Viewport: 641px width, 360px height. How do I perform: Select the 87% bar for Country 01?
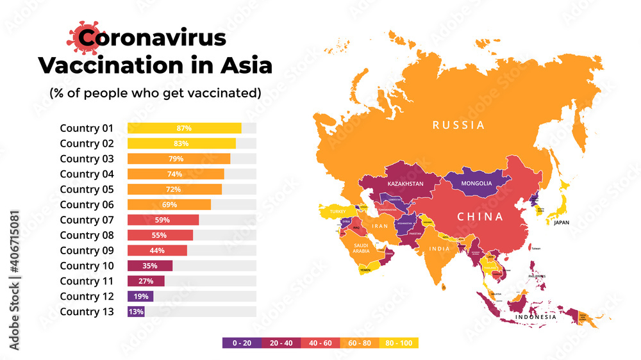(184, 128)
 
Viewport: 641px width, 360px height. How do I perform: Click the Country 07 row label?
(87, 220)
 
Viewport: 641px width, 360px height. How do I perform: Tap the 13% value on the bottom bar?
(136, 312)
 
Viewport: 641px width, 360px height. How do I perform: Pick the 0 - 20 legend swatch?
(242, 343)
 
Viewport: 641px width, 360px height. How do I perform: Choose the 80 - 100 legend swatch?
(399, 343)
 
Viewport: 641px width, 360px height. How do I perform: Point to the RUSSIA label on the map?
(458, 125)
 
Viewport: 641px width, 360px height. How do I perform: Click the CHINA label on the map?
(480, 217)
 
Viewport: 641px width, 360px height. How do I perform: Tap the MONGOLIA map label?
(476, 183)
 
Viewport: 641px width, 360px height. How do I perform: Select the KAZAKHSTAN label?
(405, 184)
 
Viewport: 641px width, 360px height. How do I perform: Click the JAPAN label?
(561, 223)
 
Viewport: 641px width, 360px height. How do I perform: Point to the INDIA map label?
(439, 249)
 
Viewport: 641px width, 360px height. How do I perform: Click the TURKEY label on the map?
(338, 211)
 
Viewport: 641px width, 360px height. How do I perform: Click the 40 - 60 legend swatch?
(320, 343)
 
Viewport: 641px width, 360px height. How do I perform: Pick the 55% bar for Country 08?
(160, 235)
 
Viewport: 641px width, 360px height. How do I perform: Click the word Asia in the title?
(243, 65)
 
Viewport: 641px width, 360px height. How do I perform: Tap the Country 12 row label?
(87, 297)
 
